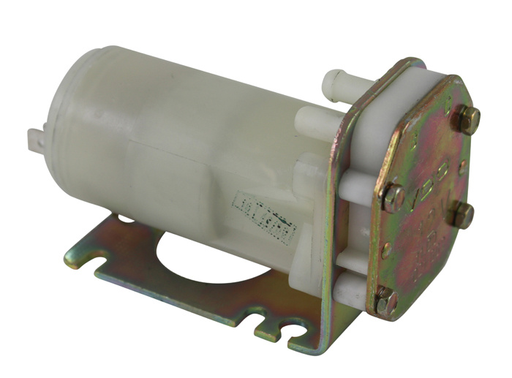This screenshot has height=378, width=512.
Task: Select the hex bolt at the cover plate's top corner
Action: coord(465,118)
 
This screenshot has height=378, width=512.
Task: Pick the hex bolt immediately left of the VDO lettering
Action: coord(393,196)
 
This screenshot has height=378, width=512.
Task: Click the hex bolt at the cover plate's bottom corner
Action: coord(385,300)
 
